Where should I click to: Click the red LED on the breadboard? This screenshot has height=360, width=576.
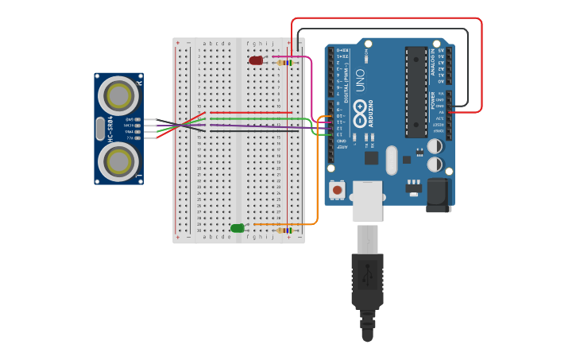pos(256,60)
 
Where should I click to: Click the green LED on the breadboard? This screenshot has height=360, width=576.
pos(238,228)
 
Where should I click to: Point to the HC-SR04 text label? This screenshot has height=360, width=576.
pos(111,129)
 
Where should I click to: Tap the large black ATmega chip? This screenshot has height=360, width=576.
pos(416,91)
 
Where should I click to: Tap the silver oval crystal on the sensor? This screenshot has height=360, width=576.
pos(99,129)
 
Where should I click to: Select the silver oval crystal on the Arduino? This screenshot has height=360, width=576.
pos(391,160)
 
